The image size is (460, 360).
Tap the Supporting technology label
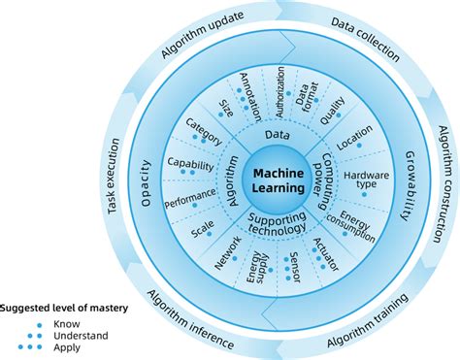click(278, 222)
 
